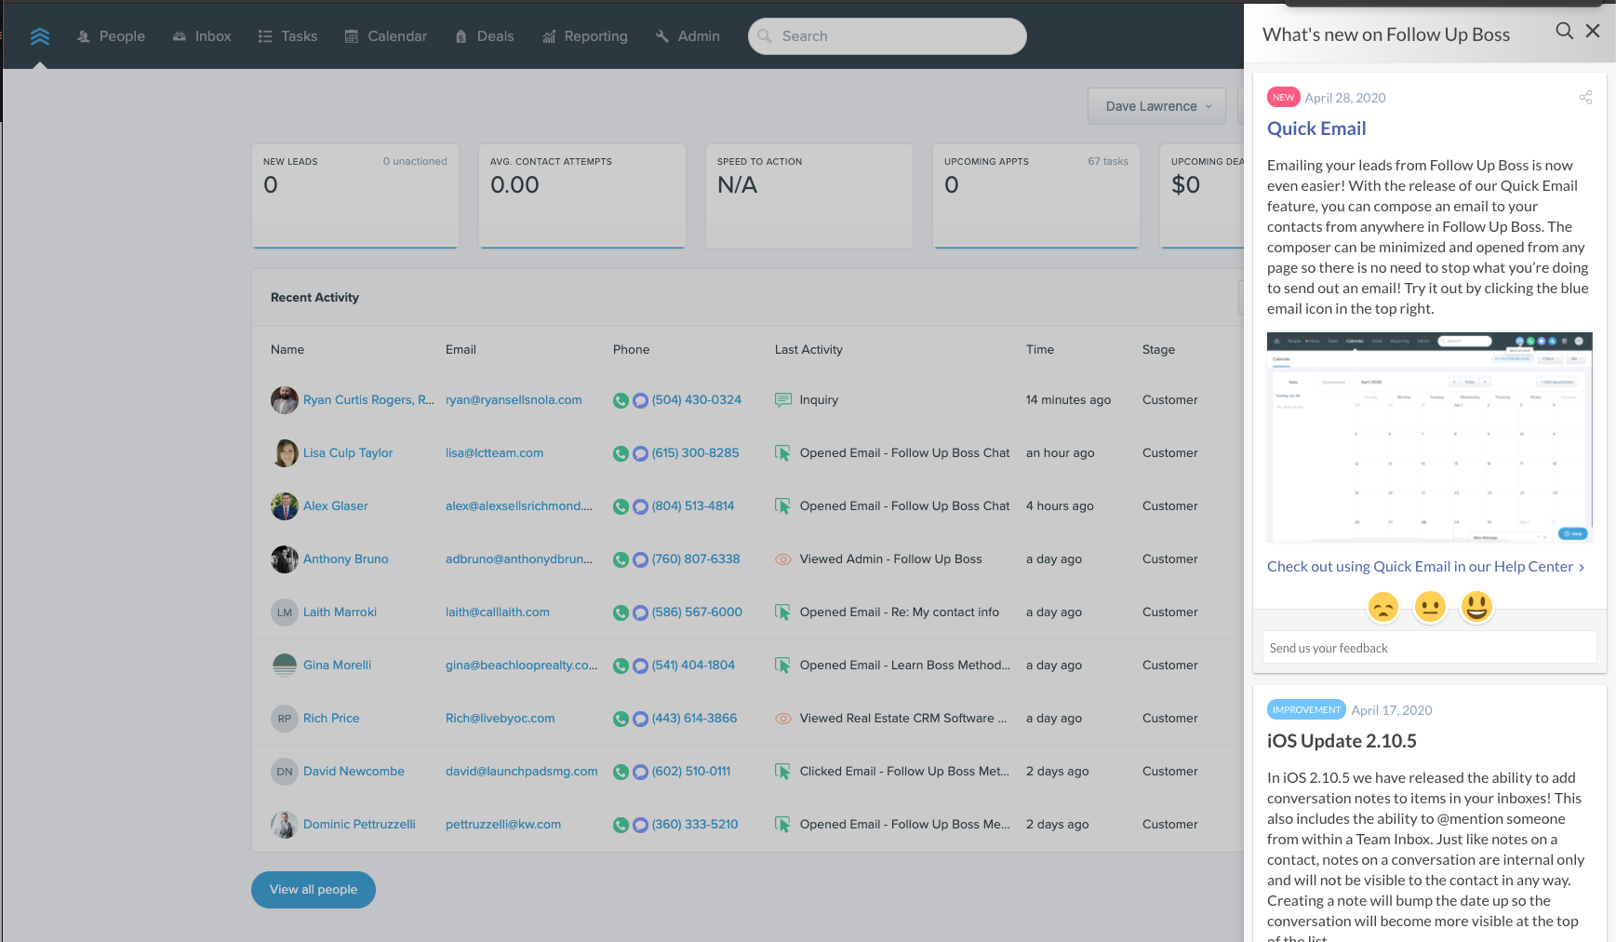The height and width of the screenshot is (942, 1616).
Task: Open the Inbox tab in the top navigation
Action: pyautogui.click(x=202, y=36)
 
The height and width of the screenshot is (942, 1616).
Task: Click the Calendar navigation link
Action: pyautogui.click(x=386, y=36)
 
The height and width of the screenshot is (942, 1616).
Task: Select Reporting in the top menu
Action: pyautogui.click(x=585, y=36)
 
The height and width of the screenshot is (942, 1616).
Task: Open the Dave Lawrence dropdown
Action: pyautogui.click(x=1157, y=106)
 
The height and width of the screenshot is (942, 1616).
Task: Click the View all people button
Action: pyautogui.click(x=314, y=890)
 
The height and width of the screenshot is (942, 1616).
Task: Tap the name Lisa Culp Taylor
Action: pyautogui.click(x=348, y=453)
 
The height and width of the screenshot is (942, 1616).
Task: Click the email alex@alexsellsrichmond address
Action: pyautogui.click(x=518, y=506)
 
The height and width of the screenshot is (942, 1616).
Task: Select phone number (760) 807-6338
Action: pyautogui.click(x=696, y=559)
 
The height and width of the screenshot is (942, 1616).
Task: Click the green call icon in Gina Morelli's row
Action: pyautogui.click(x=621, y=666)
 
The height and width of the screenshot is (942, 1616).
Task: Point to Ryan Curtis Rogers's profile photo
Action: pyautogui.click(x=284, y=400)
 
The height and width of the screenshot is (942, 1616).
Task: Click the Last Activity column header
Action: pyautogui.click(x=808, y=350)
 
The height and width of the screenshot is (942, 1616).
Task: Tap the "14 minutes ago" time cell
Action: pyautogui.click(x=1068, y=400)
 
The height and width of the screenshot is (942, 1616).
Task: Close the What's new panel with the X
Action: pyautogui.click(x=1593, y=32)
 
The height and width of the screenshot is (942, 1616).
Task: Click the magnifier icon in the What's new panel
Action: pyautogui.click(x=1565, y=32)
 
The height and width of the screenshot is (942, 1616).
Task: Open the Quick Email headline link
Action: pyautogui.click(x=1316, y=128)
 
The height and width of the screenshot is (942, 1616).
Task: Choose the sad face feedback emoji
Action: pyautogui.click(x=1383, y=607)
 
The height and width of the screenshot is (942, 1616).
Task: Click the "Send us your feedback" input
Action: pyautogui.click(x=1429, y=648)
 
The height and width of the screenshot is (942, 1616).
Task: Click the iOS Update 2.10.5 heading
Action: pyautogui.click(x=1342, y=741)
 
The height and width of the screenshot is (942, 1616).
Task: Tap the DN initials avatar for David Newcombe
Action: pyautogui.click(x=284, y=772)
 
